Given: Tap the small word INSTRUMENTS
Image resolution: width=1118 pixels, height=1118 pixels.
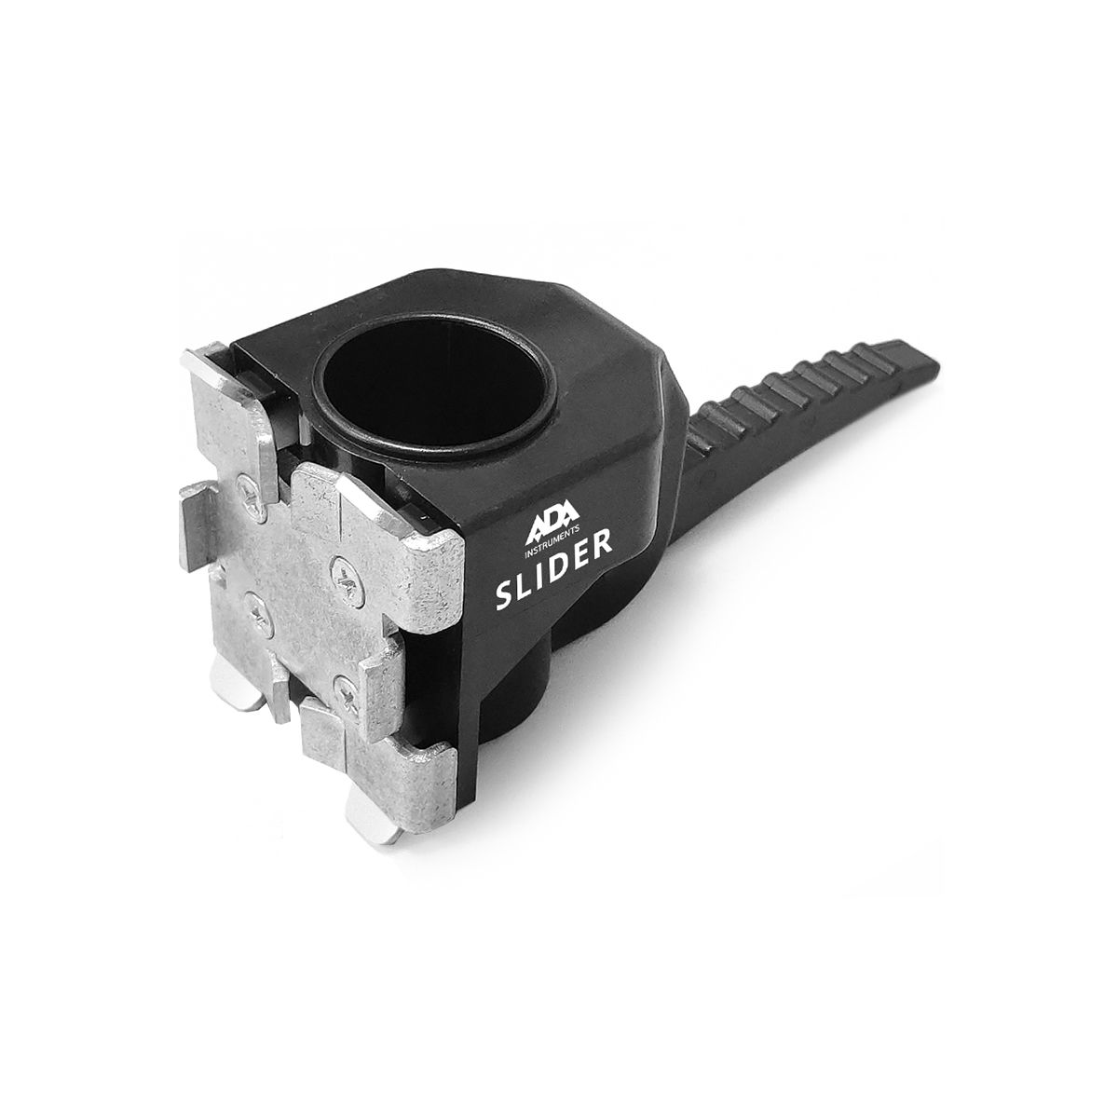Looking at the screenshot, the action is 553,549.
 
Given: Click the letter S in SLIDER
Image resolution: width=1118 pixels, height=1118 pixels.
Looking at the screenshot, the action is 505,597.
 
